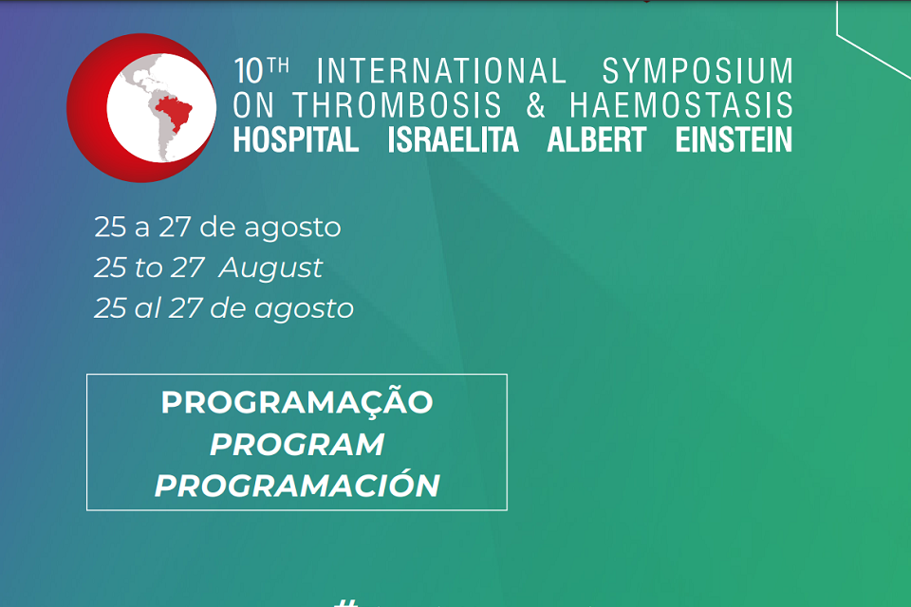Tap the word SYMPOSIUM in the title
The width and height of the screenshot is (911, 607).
point(697,71)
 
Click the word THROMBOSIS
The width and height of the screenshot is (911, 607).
point(397,105)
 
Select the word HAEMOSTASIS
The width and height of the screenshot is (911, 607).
point(681,105)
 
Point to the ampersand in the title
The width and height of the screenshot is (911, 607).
point(535,105)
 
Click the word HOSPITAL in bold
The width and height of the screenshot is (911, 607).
point(296,140)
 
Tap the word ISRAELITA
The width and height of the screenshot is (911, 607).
point(453,140)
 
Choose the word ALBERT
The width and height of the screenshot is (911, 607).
point(596,140)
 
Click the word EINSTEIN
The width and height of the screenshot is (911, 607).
point(734,140)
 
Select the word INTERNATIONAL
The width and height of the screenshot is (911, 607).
point(441,71)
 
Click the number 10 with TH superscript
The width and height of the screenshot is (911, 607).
point(262,70)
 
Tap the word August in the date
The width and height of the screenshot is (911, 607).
point(270,267)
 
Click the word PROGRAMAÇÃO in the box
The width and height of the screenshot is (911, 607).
point(297,401)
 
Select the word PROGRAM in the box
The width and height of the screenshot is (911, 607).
point(297,445)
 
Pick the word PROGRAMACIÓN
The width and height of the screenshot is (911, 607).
point(297,485)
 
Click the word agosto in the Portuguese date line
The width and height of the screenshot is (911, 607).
point(292,228)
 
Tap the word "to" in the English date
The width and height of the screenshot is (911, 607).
point(149,267)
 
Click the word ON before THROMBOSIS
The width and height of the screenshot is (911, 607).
point(253,105)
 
